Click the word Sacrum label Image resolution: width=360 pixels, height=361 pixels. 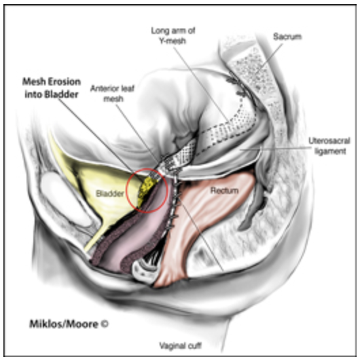coord(287,37)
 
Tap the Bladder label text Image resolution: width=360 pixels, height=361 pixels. coord(110,193)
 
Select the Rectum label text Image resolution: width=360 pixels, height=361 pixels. coord(224,191)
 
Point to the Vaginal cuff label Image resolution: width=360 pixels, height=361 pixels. coord(181,345)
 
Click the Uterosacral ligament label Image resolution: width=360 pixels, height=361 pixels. coord(329,146)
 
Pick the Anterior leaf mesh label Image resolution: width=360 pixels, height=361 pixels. coord(113,94)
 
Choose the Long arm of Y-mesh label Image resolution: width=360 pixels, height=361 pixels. coord(173,36)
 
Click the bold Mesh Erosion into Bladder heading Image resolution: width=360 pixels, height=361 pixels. coord(52,88)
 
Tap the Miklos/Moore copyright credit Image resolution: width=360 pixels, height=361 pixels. coord(69,324)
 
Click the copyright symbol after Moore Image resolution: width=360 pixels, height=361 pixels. coord(105,324)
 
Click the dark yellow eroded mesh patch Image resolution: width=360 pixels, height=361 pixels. coord(146,190)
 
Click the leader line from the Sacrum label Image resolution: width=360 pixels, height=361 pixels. coord(269,58)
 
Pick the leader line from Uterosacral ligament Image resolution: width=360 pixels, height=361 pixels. coord(275,149)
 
